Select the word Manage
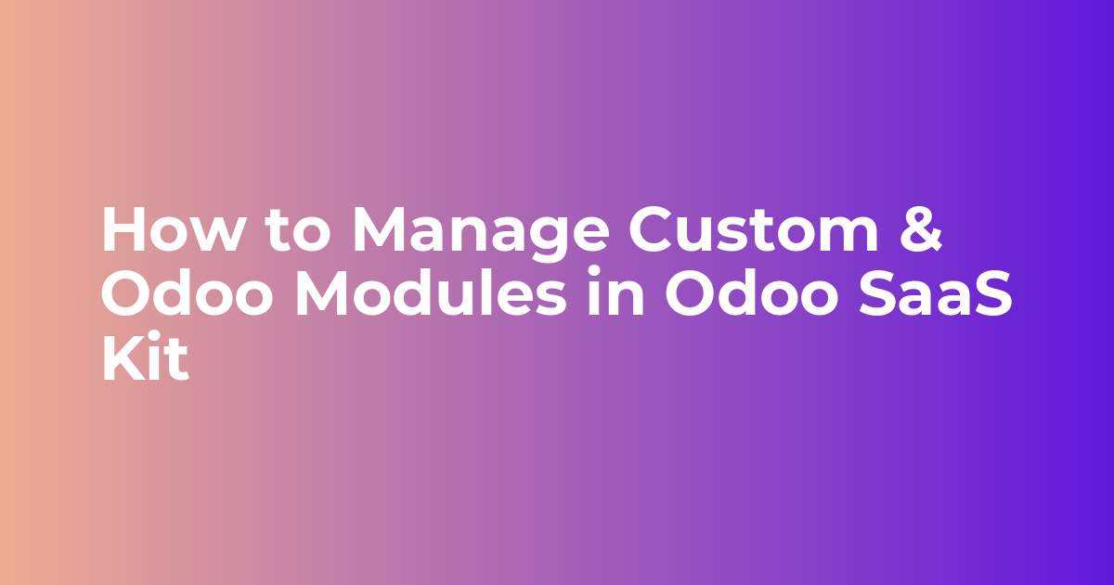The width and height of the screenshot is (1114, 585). pos(481,233)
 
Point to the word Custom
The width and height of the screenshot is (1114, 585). pos(754,229)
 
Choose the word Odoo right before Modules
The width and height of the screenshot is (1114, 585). pos(188,292)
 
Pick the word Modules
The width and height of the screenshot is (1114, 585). pos(431,292)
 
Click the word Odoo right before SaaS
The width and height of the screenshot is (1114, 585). pos(751,292)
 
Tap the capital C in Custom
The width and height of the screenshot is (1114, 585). pos(651,229)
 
